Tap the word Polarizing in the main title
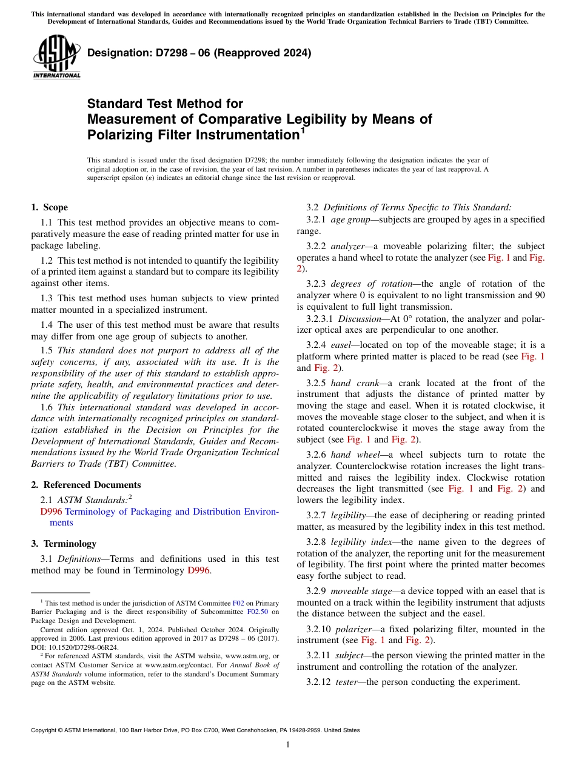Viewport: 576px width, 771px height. [x=127, y=135]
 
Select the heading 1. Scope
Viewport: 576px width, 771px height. [x=50, y=207]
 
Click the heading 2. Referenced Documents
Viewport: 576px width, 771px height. [x=86, y=485]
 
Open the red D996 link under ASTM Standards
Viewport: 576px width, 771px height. [x=51, y=512]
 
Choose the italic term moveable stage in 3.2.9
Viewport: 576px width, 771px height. [x=361, y=590]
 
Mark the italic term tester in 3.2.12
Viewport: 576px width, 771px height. [x=347, y=682]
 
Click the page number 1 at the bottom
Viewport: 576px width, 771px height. [x=288, y=745]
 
